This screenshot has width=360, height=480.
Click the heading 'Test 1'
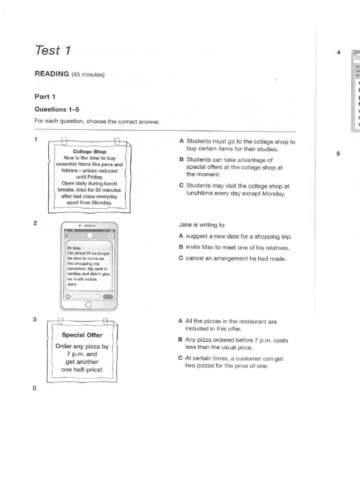point(52,50)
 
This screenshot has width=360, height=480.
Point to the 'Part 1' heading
point(45,97)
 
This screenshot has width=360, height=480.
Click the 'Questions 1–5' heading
point(57,109)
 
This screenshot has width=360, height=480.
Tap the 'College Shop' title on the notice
point(90,151)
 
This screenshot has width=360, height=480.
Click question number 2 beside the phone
point(35,223)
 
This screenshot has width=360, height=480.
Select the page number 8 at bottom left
point(35,388)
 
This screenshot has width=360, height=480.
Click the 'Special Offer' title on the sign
point(82,335)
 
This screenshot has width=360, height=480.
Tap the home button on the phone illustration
point(88,305)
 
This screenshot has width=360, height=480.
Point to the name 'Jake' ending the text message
point(72,284)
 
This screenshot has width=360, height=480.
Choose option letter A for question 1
point(181,141)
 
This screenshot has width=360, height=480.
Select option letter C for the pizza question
point(180,359)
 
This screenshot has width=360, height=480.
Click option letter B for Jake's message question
point(181,247)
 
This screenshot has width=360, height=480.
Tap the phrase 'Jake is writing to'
point(202,225)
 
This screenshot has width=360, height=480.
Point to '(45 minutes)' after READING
point(88,75)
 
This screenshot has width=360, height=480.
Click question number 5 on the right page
point(338,153)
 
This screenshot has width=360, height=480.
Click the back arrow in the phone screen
point(66,235)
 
